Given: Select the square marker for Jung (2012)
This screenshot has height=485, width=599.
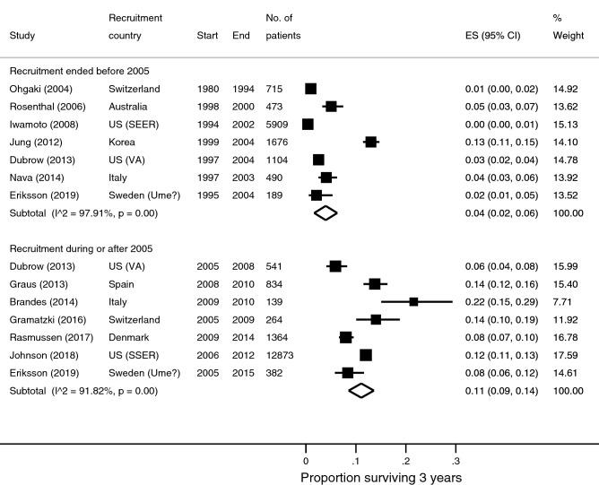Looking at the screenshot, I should tap(371, 142).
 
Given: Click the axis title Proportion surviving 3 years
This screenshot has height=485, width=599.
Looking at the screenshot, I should tap(381, 478).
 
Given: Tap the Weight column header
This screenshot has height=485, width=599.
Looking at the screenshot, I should tap(569, 36).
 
